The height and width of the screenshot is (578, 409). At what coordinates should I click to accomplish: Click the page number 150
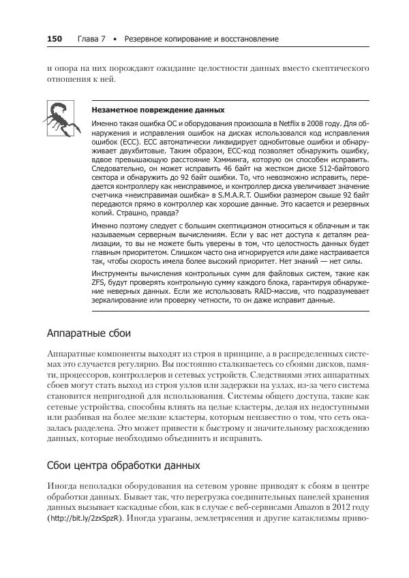point(55,39)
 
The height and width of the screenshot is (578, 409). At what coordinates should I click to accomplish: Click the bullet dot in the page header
point(117,40)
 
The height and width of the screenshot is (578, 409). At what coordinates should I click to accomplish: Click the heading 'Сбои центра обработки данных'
point(123,466)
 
